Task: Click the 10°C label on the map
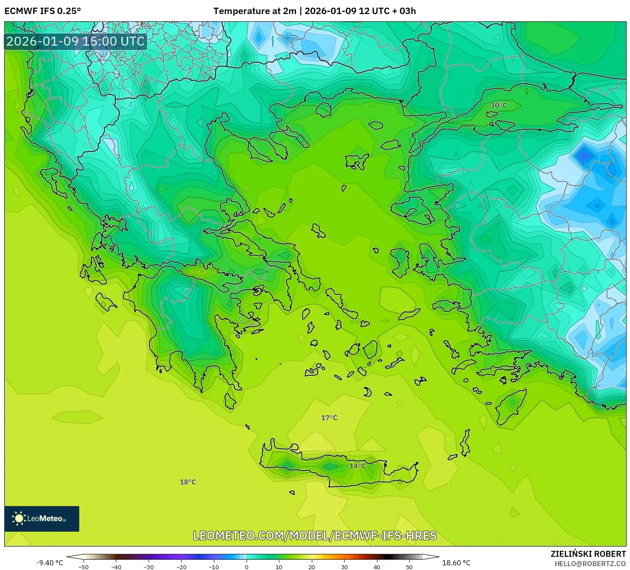point(499,105)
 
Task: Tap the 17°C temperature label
point(329,418)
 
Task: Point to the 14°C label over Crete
point(357,466)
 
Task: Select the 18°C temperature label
point(188,482)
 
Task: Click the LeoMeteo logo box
point(42,518)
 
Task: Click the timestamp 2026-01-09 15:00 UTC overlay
point(75,41)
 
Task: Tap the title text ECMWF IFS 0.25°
point(43,11)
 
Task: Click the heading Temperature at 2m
point(255,11)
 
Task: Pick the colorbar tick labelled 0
point(247,567)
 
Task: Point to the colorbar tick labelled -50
point(83,567)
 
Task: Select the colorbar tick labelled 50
point(409,567)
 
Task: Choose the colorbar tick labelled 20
point(312,567)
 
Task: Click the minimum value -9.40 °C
point(49,563)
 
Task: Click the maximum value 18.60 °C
point(456,563)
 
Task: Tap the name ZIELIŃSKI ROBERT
point(588,554)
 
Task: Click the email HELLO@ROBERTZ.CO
point(590,564)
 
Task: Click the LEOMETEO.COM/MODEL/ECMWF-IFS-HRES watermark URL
point(315,535)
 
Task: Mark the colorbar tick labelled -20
point(181,567)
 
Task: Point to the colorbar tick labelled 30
point(344,567)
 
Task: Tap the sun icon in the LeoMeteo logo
point(19,518)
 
